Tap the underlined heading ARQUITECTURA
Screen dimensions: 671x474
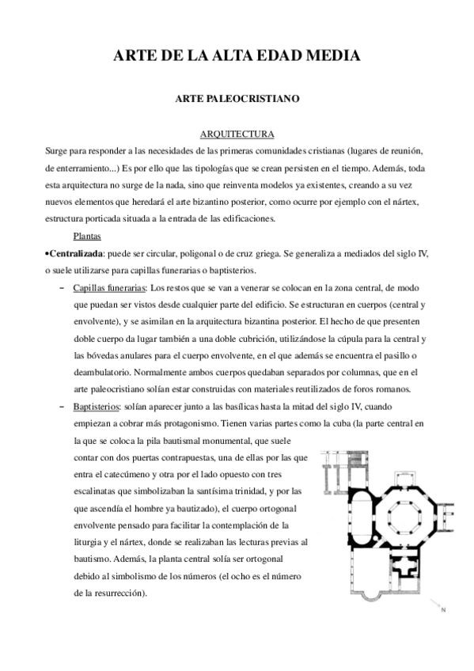(x=237, y=134)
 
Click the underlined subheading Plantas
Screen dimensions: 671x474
(x=86, y=236)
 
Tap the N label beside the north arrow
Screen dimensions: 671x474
(x=443, y=609)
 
